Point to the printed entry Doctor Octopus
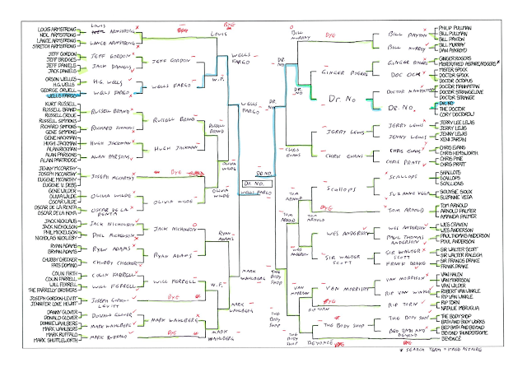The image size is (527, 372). click(x=444, y=85)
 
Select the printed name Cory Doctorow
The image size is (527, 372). click(x=443, y=115)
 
